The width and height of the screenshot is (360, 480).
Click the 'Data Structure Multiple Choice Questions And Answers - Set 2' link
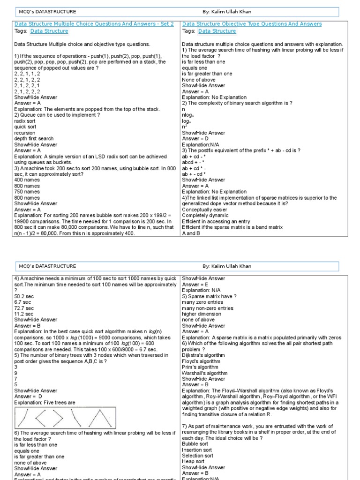pyautogui.click(x=94, y=23)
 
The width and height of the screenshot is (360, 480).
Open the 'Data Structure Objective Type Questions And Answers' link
pyautogui.click(x=252, y=23)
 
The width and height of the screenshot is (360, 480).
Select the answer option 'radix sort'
pyautogui.click(x=25, y=121)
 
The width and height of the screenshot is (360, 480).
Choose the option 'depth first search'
pyautogui.click(x=34, y=139)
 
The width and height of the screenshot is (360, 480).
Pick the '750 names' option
pyautogui.click(x=27, y=192)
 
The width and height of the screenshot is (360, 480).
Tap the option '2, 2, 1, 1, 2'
pyautogui.click(x=27, y=74)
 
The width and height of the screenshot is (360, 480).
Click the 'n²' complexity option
pyautogui.click(x=184, y=127)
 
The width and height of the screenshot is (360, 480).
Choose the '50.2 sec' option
pyautogui.click(x=23, y=297)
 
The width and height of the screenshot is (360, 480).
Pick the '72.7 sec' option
pyautogui.click(x=23, y=308)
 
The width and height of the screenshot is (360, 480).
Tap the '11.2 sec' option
pyautogui.click(x=23, y=314)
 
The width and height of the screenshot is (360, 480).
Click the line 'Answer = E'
pyautogui.click(x=195, y=285)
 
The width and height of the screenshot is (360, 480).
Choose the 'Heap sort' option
pyautogui.click(x=193, y=462)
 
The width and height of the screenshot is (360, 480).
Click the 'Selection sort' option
pyautogui.click(x=197, y=456)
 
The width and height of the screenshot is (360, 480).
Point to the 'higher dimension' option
pyautogui.click(x=202, y=314)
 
